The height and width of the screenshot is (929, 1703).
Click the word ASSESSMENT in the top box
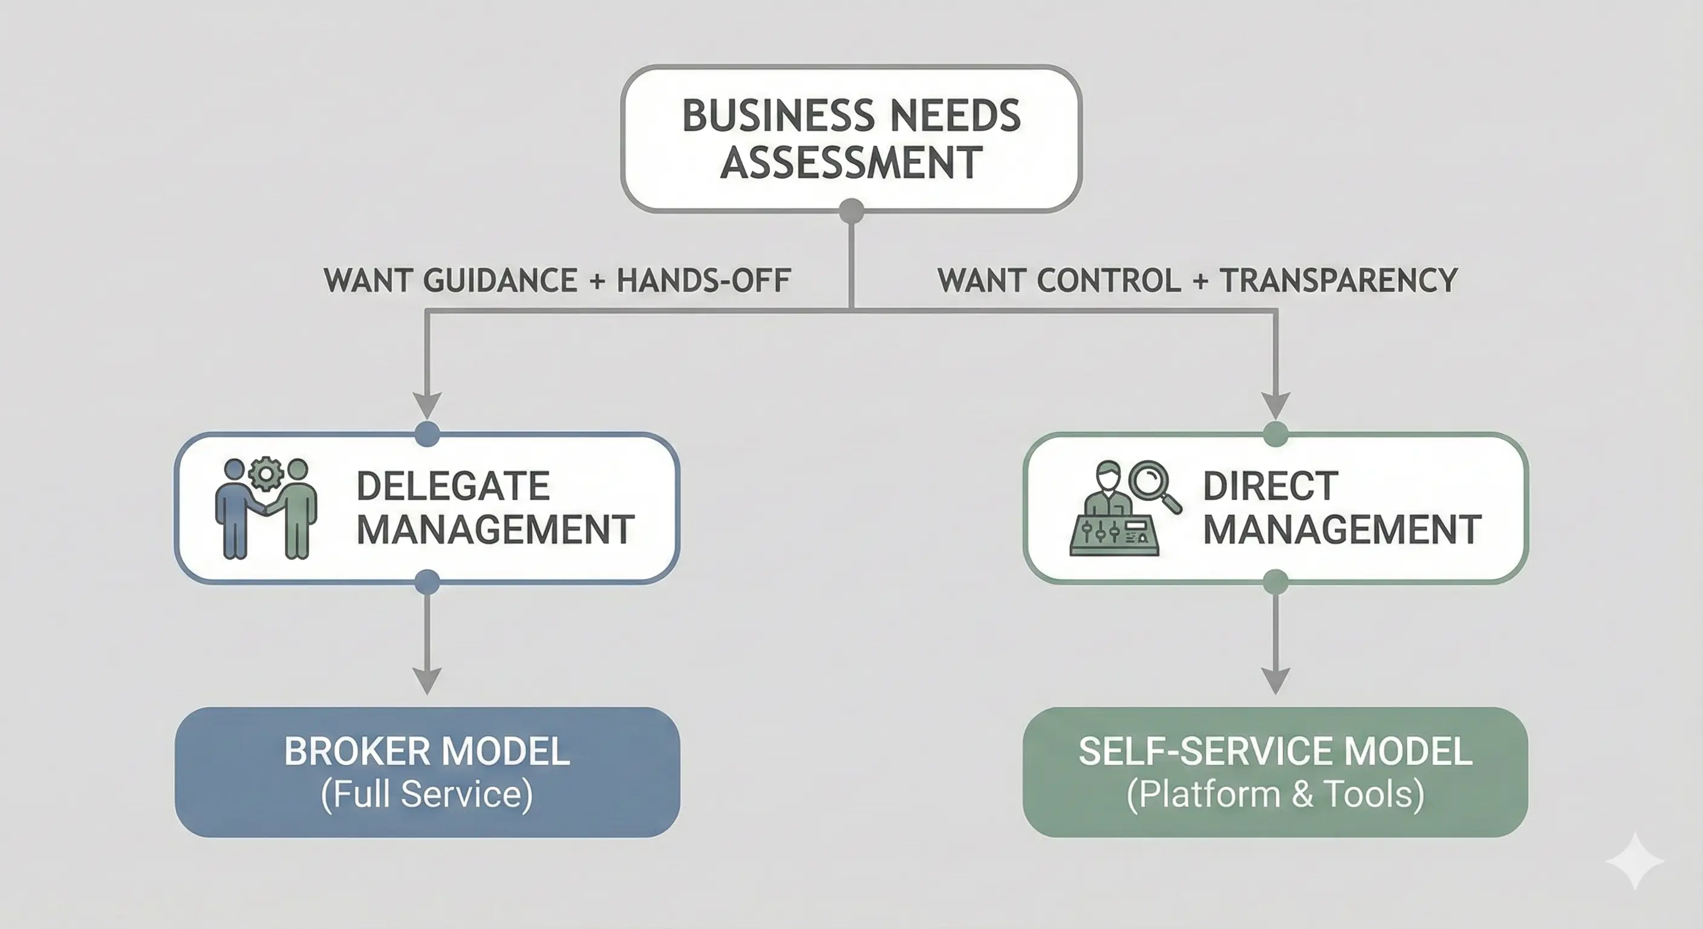point(851,163)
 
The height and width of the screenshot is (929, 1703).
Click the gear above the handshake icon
point(265,472)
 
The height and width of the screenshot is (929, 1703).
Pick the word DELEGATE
point(453,486)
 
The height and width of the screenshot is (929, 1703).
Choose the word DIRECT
point(1270,486)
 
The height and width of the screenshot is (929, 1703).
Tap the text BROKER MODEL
point(427,752)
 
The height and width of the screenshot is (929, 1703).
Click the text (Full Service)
point(427,794)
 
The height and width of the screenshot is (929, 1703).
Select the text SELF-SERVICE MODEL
point(1275,752)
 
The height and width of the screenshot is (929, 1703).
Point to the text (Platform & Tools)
point(1275,794)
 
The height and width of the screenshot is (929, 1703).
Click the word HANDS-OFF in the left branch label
point(703,281)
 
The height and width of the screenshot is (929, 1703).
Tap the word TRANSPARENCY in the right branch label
point(1338,281)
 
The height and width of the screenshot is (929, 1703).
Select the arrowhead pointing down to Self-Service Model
point(1275,679)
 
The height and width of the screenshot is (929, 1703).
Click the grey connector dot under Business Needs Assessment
point(851,211)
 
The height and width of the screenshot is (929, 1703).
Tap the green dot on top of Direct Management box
point(1275,434)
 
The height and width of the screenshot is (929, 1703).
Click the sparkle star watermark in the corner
point(1634,861)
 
